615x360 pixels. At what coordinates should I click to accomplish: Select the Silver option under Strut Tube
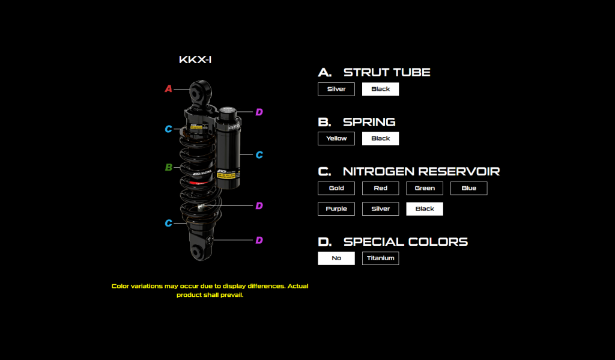[x=336, y=89]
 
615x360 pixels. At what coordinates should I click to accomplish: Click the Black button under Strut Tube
[x=380, y=89]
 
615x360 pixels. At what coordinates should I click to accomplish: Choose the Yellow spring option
[x=336, y=138]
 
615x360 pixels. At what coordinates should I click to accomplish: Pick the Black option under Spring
[x=380, y=138]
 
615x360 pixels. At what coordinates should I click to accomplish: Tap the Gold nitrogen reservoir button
[x=336, y=188]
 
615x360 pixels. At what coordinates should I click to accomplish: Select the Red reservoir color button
[x=380, y=188]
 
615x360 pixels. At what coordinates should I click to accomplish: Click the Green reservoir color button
[x=425, y=188]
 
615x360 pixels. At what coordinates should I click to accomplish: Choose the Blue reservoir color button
[x=468, y=188]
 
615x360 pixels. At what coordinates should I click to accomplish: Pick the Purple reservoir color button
[x=336, y=209]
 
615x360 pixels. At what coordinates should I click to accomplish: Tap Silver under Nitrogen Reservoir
[x=380, y=209]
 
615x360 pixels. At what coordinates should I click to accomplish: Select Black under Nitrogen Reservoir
[x=425, y=209]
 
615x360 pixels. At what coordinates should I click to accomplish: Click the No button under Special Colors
[x=336, y=258]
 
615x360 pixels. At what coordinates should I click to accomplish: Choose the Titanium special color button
[x=380, y=258]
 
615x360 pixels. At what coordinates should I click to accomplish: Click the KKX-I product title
[x=195, y=60]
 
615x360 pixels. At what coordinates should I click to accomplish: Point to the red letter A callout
[x=169, y=89]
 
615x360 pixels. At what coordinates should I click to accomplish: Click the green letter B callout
[x=169, y=167]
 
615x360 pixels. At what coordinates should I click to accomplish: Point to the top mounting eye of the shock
[x=199, y=93]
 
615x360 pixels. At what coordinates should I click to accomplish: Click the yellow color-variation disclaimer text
[x=210, y=290]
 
